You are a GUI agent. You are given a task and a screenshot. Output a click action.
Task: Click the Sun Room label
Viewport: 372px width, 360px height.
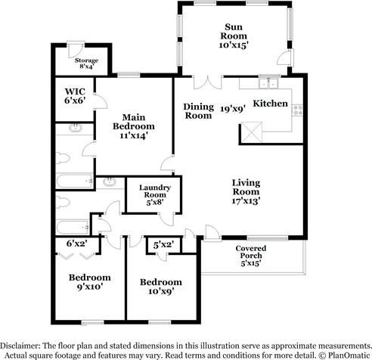pos(234,36)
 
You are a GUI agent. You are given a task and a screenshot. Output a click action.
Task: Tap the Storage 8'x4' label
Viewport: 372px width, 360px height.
pos(86,64)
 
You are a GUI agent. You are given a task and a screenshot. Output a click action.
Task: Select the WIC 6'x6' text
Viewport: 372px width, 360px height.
pos(75,96)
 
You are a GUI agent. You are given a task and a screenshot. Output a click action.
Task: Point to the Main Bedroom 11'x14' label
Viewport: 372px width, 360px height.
pos(134,126)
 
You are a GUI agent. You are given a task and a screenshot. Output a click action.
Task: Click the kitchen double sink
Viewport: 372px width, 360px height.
pos(268,83)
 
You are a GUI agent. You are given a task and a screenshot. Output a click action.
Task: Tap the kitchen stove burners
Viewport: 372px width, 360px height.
pos(297,110)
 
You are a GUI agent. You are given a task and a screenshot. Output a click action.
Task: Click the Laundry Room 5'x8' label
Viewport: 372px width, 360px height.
pos(155,194)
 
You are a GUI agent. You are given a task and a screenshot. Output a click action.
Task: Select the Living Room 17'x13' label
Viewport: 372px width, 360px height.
pos(246,191)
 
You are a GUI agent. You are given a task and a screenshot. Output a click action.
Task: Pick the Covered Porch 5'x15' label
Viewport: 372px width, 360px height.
pos(251,256)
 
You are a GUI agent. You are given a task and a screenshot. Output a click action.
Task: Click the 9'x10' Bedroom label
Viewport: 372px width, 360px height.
pos(90,282)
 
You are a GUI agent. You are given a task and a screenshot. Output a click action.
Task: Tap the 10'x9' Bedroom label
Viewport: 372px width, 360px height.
pos(161,287)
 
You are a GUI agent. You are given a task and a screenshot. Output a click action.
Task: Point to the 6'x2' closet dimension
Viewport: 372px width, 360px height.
pos(77,244)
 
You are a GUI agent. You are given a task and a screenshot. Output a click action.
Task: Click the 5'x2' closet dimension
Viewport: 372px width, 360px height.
pos(164,244)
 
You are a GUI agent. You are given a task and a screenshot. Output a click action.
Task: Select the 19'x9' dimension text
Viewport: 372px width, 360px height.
pos(233,109)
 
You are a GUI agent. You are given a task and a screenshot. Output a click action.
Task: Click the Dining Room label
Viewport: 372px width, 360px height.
pos(199,111)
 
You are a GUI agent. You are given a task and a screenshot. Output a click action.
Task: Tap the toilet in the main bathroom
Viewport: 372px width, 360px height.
pos(63,158)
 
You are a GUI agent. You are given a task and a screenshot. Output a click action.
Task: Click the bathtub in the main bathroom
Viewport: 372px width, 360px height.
pos(74,181)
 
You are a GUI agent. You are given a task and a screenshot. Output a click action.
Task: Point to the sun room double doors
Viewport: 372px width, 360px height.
pos(208,82)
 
